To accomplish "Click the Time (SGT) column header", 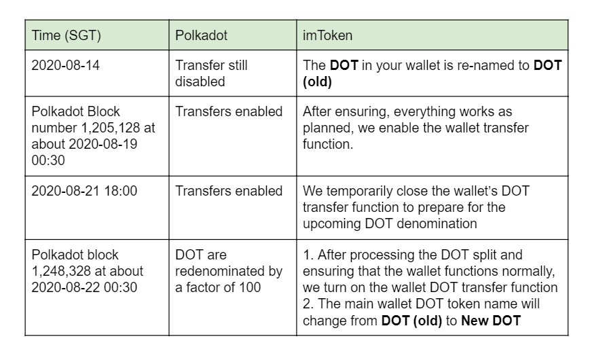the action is pos(66,35).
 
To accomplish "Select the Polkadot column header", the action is pos(201,35).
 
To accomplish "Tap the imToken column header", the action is pos(327,35).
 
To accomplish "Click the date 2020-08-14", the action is pos(65,65).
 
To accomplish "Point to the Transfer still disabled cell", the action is pos(211,73).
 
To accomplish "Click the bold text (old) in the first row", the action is pos(317,82).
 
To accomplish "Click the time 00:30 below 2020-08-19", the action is pos(48,160).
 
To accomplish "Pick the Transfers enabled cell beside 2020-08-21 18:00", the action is pos(229,191).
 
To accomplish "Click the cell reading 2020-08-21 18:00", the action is pos(84,191).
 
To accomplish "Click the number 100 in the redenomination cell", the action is pos(250,287).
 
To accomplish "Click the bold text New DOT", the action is pos(491,321).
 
